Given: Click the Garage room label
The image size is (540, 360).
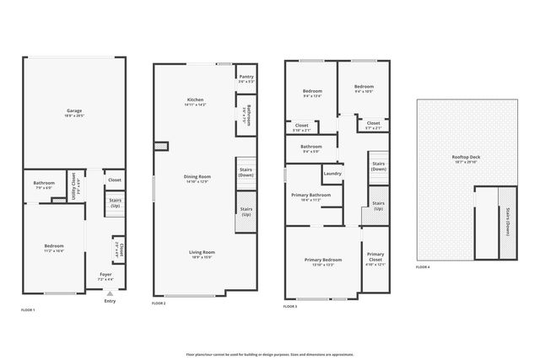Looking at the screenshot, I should [x=74, y=111].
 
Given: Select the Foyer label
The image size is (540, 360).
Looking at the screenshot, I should [x=105, y=275].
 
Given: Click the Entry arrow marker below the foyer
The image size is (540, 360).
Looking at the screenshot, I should [x=110, y=293].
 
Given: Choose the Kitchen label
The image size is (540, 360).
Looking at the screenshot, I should [x=195, y=101].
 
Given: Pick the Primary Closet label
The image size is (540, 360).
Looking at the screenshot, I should [x=375, y=256].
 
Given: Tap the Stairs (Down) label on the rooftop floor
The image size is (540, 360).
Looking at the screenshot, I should [x=508, y=223].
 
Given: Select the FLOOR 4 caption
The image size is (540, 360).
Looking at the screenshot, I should [x=423, y=268].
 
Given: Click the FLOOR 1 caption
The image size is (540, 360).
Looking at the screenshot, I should [x=28, y=310].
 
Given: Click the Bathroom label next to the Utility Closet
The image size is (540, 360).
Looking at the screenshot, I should [x=44, y=185].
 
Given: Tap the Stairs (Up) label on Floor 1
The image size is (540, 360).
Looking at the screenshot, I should [x=116, y=202].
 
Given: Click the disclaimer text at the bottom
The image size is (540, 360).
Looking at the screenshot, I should [x=270, y=355].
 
